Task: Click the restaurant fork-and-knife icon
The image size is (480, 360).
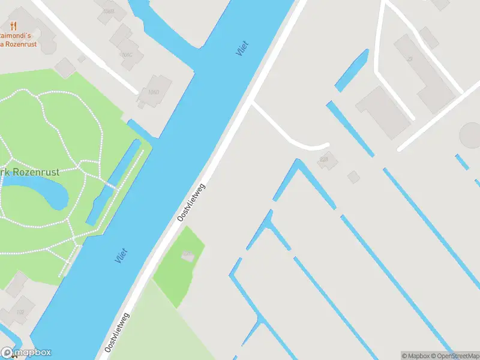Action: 13,25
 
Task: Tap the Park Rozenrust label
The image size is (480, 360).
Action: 30,172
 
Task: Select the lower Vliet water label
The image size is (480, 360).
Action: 121,256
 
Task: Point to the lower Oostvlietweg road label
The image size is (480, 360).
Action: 118,332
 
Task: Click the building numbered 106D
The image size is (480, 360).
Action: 152,92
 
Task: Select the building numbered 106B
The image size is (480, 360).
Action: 108,11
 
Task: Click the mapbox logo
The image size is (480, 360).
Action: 26,353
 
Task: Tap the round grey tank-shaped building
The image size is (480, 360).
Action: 471,135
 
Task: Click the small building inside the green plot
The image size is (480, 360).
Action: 188,256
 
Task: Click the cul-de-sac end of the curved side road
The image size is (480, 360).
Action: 326,146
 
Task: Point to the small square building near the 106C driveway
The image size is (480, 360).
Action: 82,59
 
